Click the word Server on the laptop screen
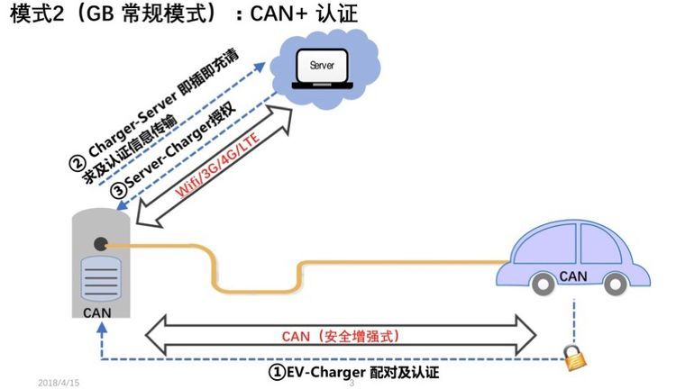[322, 66]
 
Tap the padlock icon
[576, 357]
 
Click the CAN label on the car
[573, 276]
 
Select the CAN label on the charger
[97, 312]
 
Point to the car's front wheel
[616, 284]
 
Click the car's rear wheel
[543, 284]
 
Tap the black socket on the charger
[100, 244]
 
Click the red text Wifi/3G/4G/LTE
[218, 165]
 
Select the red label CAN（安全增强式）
[341, 336]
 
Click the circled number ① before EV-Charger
[278, 372]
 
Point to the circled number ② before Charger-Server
[78, 164]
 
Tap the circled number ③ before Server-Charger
[118, 191]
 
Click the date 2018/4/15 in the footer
[59, 383]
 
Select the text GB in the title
[100, 14]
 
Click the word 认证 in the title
[337, 14]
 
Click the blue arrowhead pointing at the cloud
[260, 68]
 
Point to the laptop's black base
[323, 86]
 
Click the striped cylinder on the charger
[101, 279]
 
